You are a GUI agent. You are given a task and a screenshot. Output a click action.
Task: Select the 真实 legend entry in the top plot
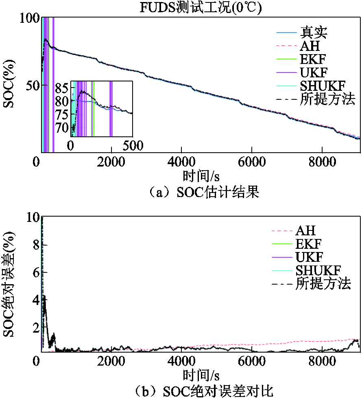coord(314,32)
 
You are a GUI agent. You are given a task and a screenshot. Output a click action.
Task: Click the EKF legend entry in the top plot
coord(313,59)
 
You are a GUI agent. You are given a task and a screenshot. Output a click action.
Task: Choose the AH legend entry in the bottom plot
coord(305,231)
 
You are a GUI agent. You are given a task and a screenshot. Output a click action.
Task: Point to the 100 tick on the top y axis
coord(30,18)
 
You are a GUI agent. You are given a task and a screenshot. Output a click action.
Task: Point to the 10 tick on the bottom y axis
coord(33,218)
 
